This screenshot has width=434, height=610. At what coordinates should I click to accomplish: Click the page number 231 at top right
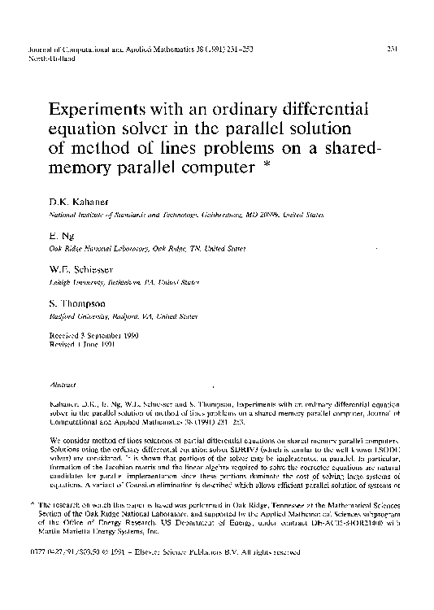389,50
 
